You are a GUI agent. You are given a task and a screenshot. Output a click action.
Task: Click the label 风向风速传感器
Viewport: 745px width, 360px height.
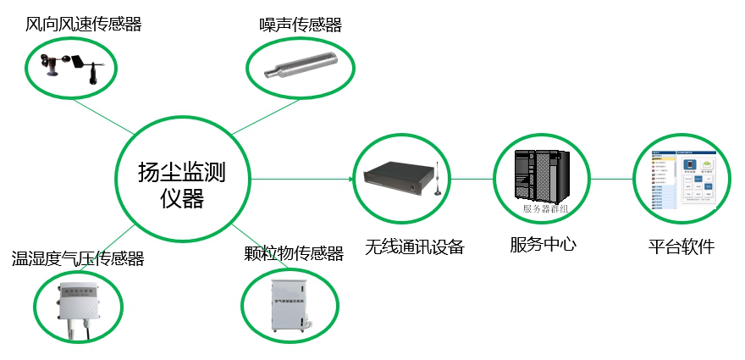pyautogui.click(x=83, y=25)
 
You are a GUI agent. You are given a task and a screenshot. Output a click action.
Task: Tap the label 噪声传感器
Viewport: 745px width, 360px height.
pyautogui.click(x=300, y=25)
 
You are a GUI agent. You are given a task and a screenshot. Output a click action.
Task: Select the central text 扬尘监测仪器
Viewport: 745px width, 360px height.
pyautogui.click(x=182, y=186)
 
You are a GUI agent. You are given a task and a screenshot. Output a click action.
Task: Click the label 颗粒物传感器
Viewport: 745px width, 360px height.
pyautogui.click(x=293, y=254)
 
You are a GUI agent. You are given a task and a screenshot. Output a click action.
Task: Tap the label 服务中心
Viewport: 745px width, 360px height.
pyautogui.click(x=543, y=245)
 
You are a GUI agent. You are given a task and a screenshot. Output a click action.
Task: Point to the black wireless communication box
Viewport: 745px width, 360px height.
pyautogui.click(x=399, y=178)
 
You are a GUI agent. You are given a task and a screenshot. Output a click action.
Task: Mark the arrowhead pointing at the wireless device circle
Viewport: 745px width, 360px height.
pyautogui.click(x=348, y=179)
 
